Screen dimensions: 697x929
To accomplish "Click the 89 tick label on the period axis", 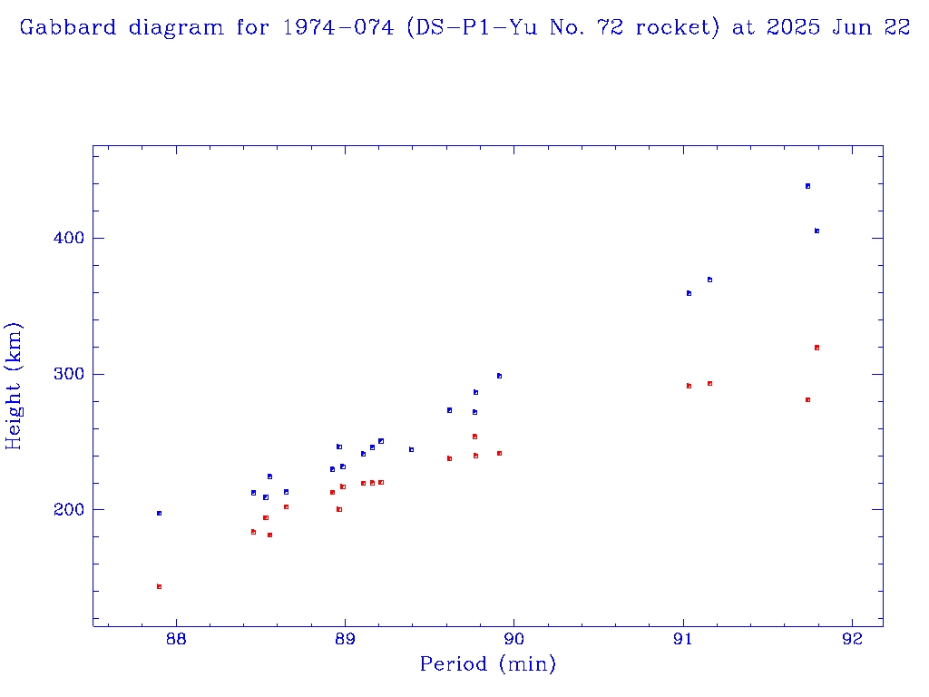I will pos(345,638).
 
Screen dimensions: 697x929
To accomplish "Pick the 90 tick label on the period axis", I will pos(514,638).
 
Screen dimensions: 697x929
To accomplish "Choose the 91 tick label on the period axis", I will pos(683,638).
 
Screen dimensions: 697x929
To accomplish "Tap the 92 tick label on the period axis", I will pos(853,638).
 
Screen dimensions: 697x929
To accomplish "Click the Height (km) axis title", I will pos(14,386).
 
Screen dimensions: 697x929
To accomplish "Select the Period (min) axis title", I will pos(488,665).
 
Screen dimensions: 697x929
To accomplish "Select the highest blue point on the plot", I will pos(807,186).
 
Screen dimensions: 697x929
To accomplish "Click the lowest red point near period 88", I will pos(159,586).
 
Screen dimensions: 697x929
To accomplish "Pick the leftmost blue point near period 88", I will pos(159,513).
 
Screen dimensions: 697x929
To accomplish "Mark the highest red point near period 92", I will pos(817,348).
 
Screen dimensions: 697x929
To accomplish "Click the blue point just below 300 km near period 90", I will pos(499,376).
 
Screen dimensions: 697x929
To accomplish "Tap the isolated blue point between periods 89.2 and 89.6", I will pos(411,449).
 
